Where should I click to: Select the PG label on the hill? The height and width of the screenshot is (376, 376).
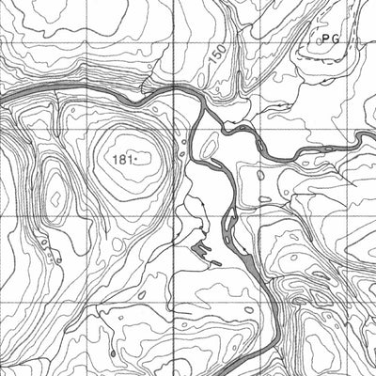coord(328,39)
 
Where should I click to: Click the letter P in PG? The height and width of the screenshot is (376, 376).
coord(322,39)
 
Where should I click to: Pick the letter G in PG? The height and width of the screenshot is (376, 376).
coord(334,39)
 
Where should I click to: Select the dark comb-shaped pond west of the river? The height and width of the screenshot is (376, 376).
coord(202,249)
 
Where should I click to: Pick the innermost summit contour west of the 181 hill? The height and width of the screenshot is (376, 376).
coord(55,197)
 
